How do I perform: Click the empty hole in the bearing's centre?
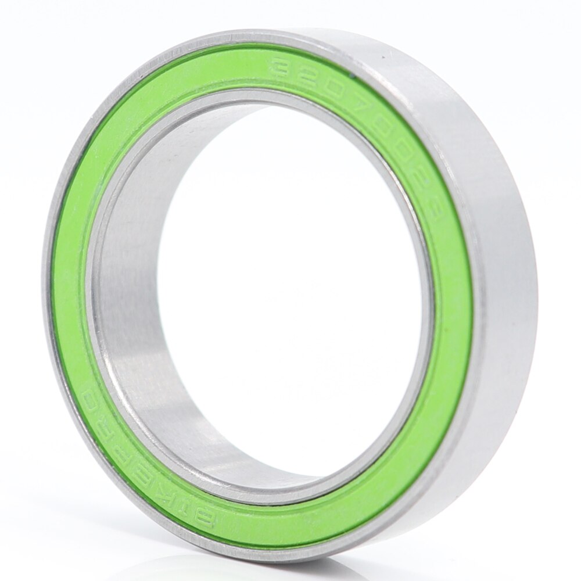(x=290, y=279)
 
